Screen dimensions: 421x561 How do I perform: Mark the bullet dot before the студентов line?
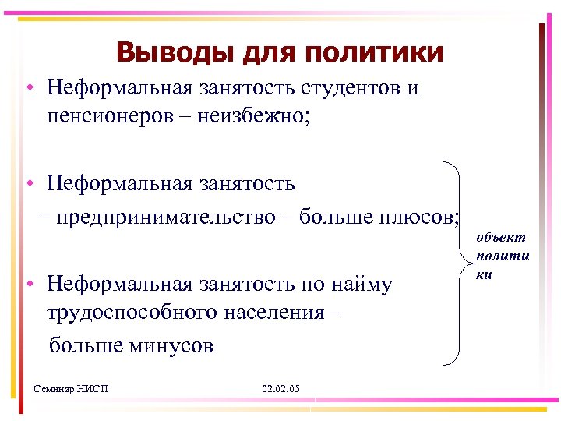pyautogui.click(x=27, y=88)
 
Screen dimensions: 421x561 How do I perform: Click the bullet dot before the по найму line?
pyautogui.click(x=27, y=285)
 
